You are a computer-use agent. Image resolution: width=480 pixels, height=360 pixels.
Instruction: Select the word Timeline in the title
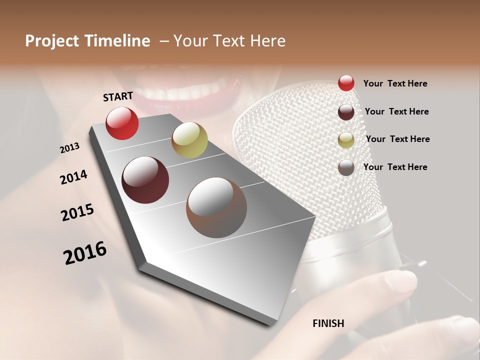tap(118, 41)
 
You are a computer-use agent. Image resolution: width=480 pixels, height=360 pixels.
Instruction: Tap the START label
tap(118, 96)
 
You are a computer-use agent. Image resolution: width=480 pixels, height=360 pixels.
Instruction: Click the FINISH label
tap(328, 323)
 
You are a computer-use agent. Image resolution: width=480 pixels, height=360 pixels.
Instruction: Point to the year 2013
tap(70, 148)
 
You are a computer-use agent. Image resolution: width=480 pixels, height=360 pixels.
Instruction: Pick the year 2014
tap(73, 177)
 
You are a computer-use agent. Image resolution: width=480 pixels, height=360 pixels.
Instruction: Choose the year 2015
tap(77, 212)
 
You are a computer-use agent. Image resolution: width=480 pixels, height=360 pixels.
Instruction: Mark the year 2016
tap(85, 253)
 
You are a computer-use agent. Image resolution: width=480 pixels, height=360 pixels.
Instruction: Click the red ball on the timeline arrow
tap(122, 123)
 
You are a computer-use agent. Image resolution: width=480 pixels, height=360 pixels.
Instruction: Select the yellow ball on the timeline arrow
tap(189, 140)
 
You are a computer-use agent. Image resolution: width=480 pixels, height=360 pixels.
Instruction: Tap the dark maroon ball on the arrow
tap(145, 180)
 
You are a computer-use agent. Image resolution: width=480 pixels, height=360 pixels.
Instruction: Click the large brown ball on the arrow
tap(216, 207)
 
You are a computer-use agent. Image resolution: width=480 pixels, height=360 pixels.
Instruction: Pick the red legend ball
tap(346, 83)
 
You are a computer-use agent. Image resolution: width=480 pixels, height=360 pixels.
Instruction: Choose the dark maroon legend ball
tap(346, 112)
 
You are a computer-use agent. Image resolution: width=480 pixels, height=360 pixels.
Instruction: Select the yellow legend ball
tap(346, 140)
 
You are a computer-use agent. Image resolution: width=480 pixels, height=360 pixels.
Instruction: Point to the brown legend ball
tap(346, 167)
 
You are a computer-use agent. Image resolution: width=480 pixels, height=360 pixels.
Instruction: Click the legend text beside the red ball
tap(395, 83)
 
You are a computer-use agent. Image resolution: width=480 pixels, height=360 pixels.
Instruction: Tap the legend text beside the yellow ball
tap(397, 139)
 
